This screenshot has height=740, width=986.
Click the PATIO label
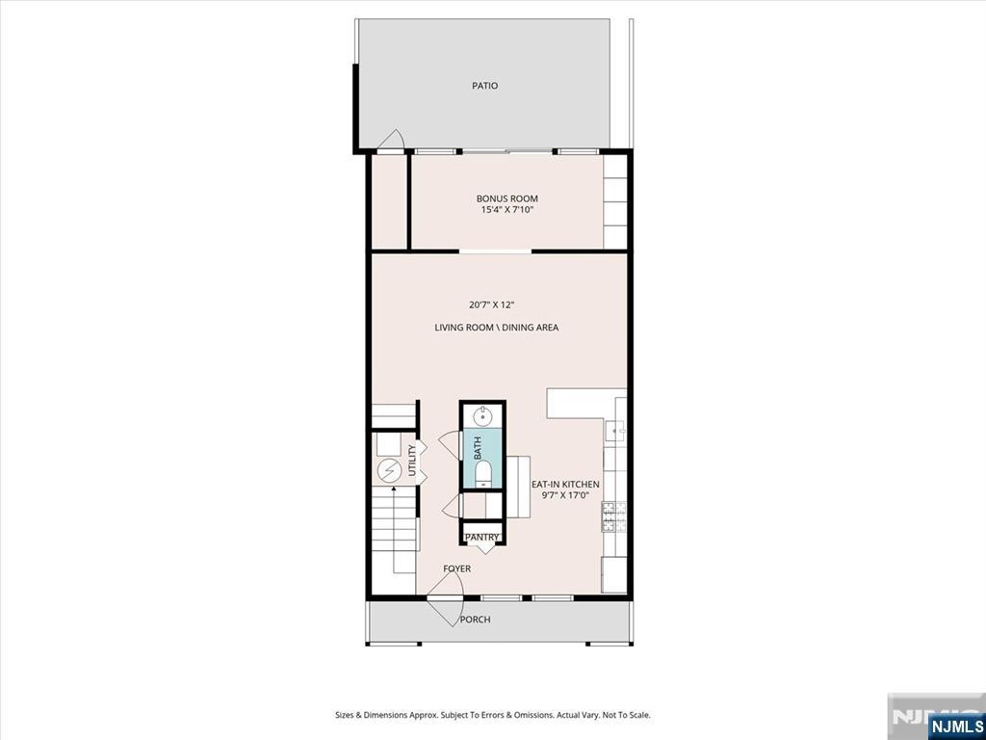coord(485,86)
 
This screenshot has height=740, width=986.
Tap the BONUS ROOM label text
coord(506,198)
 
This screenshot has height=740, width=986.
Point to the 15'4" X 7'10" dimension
coord(506,210)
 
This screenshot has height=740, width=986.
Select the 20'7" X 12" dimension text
coord(492,305)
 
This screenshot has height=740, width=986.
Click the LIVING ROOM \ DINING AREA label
coord(496,328)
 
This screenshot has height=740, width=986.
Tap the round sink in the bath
coord(482,415)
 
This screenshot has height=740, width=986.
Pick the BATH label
coord(478,447)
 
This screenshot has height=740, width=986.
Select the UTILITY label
coord(412,460)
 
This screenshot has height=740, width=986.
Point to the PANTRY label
coord(481,538)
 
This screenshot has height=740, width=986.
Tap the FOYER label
coord(456,568)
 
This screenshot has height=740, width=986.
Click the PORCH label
coord(475,620)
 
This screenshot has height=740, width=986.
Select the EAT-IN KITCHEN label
coord(565,484)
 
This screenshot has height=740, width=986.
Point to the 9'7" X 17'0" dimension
coord(565,494)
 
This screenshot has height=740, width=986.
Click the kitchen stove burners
coord(614,516)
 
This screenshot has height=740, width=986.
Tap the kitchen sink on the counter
coord(614,431)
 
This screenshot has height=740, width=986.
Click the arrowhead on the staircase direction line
coord(394,488)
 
